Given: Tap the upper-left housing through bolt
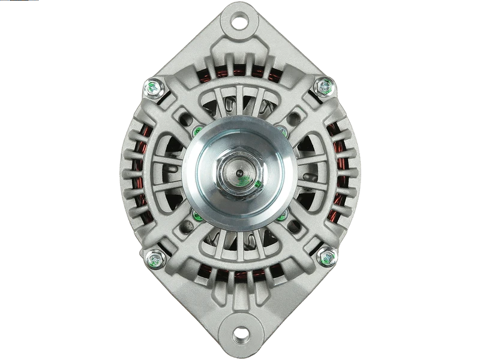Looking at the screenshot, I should [x=154, y=89].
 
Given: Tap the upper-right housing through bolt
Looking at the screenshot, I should [x=325, y=88].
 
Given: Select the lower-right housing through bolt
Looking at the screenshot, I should [x=326, y=256].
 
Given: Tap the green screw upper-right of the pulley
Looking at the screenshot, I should [x=281, y=128].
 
